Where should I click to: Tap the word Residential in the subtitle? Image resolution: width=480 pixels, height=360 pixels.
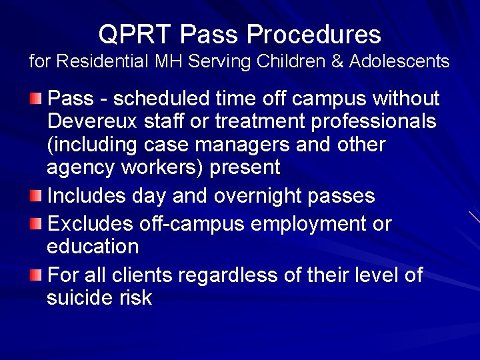coord(103,62)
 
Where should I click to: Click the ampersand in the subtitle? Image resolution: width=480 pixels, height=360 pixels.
coord(337,62)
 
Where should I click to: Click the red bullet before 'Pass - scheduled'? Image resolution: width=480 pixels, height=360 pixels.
coord(36,100)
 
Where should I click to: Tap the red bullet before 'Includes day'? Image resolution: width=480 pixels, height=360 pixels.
coord(36,197)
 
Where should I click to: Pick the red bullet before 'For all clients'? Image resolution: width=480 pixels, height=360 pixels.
coord(36,274)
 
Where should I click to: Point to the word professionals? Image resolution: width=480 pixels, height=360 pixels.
coord(364,121)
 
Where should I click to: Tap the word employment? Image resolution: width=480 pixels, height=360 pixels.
coord(295,223)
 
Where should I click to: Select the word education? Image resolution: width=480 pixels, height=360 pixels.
coord(93,246)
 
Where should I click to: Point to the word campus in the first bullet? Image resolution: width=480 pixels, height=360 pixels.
coord(324,99)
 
